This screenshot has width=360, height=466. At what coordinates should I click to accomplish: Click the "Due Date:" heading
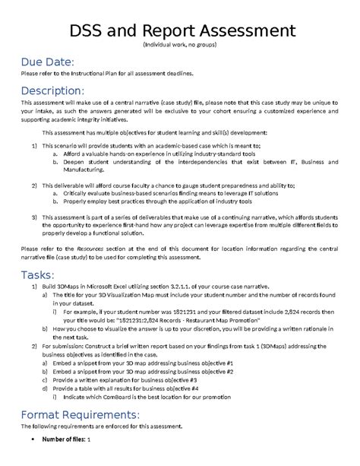pyautogui.click(x=47, y=61)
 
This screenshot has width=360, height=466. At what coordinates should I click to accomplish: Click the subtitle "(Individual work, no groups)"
pyautogui.click(x=179, y=46)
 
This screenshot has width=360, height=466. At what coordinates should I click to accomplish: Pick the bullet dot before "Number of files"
pyautogui.click(x=30, y=439)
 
